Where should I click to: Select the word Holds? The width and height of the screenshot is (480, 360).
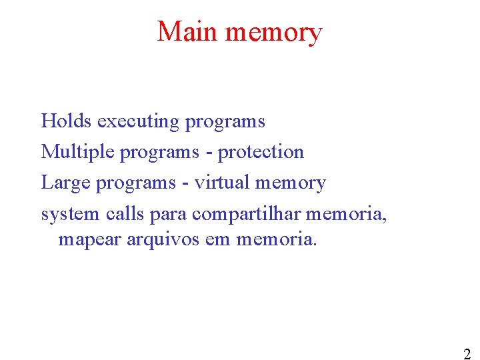67,121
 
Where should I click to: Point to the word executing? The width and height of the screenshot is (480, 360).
138,122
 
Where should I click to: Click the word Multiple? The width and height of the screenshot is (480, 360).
77,152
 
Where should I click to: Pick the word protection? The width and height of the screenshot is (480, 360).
261,152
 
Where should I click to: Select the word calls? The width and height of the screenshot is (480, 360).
121,213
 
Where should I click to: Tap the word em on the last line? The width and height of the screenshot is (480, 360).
217,239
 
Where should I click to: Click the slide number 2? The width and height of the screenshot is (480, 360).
467,354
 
